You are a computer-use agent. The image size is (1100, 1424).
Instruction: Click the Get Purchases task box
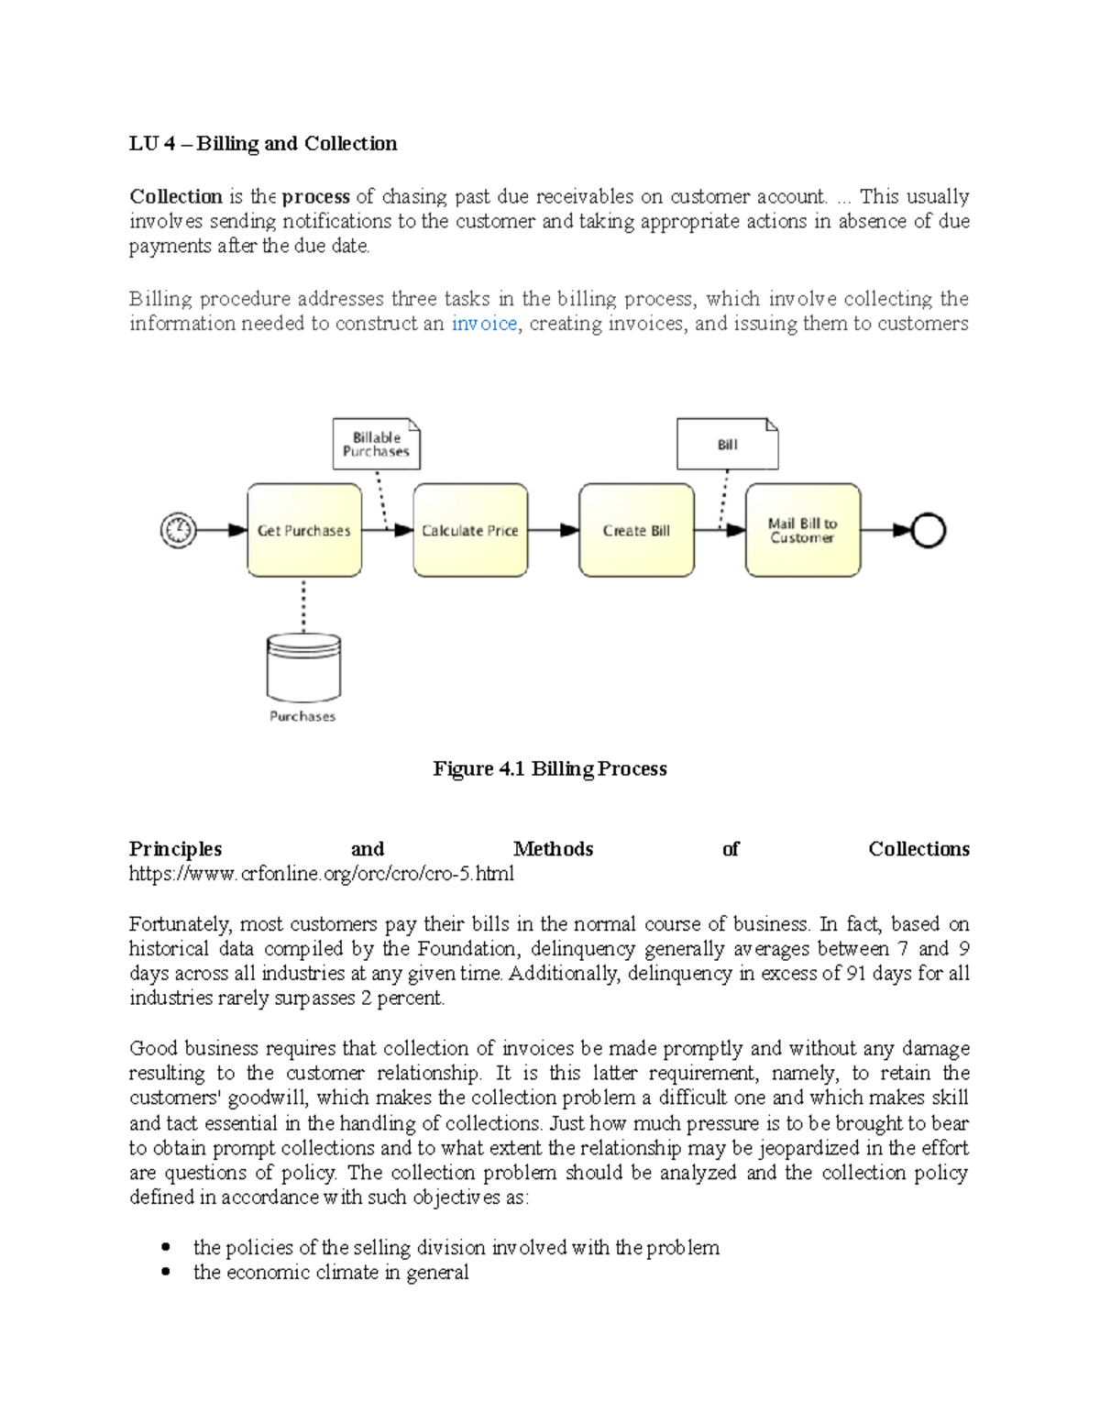click(304, 530)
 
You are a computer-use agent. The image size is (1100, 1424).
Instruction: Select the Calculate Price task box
click(470, 530)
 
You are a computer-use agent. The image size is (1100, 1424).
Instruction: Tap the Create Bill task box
click(636, 530)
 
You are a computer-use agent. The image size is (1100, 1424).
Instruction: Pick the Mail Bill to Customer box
click(803, 530)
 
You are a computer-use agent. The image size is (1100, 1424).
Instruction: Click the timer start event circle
click(178, 530)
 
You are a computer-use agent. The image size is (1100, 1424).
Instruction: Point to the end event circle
click(929, 530)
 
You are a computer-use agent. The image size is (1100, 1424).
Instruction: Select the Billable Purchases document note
click(376, 445)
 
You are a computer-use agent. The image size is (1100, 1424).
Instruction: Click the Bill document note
click(727, 445)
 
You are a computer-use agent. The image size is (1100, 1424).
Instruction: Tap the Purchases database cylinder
click(303, 668)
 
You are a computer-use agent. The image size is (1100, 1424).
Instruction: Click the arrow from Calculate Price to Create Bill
click(554, 530)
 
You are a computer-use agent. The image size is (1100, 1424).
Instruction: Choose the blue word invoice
click(484, 324)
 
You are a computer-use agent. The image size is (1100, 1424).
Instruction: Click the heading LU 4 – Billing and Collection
click(263, 144)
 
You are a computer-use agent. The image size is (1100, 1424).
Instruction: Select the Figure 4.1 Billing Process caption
click(549, 768)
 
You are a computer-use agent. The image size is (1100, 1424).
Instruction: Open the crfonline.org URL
click(321, 874)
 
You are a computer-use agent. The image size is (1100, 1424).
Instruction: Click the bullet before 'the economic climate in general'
click(166, 1273)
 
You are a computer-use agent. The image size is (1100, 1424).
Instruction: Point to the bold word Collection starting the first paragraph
click(176, 197)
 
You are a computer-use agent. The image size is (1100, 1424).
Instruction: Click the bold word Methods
click(553, 849)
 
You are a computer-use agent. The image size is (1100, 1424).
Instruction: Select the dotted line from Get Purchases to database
click(303, 605)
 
